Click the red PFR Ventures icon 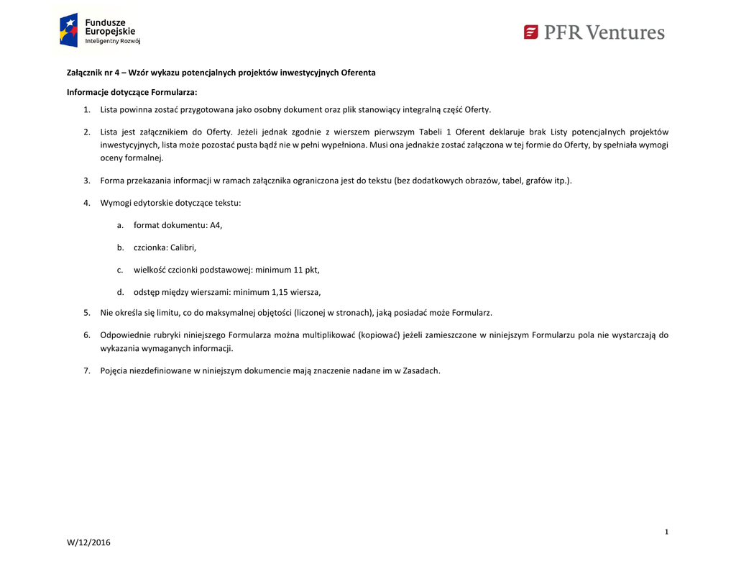[x=531, y=32]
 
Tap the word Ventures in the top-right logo [x=625, y=32]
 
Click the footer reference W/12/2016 [x=89, y=542]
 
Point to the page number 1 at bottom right [x=666, y=532]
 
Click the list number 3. [x=86, y=181]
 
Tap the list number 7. [x=86, y=370]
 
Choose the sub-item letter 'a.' [x=120, y=225]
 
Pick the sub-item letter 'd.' [x=121, y=292]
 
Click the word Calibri [x=183, y=247]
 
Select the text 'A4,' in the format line [x=216, y=225]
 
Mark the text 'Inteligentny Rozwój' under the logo [x=113, y=41]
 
